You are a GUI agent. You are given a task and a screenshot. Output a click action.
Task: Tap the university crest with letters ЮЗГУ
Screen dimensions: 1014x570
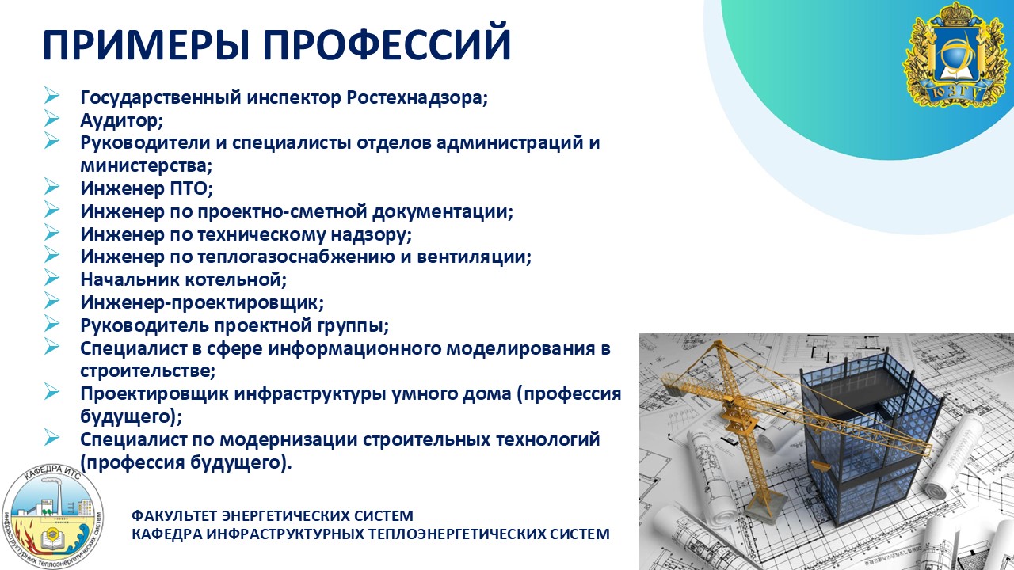tap(956, 55)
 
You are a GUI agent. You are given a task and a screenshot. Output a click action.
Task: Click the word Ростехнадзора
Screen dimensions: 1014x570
tap(417, 97)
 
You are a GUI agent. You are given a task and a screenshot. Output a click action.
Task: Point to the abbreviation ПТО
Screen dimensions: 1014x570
tap(191, 188)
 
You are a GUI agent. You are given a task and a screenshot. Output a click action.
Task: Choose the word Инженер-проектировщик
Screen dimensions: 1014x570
tap(202, 302)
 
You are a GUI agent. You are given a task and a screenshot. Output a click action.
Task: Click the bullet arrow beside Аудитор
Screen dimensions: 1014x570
tap(51, 118)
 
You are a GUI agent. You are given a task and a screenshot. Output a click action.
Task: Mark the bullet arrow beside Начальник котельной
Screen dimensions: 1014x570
tap(51, 277)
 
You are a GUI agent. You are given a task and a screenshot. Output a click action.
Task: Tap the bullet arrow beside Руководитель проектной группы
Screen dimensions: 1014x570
tap(51, 323)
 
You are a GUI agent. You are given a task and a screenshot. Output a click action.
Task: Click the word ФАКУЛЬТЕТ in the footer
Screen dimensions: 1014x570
tap(174, 515)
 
